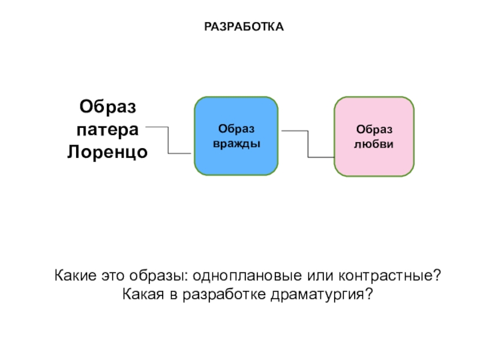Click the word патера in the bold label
tap(108, 129)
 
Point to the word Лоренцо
tap(108, 151)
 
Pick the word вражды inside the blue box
tap(236, 145)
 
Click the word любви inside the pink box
tap(374, 145)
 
